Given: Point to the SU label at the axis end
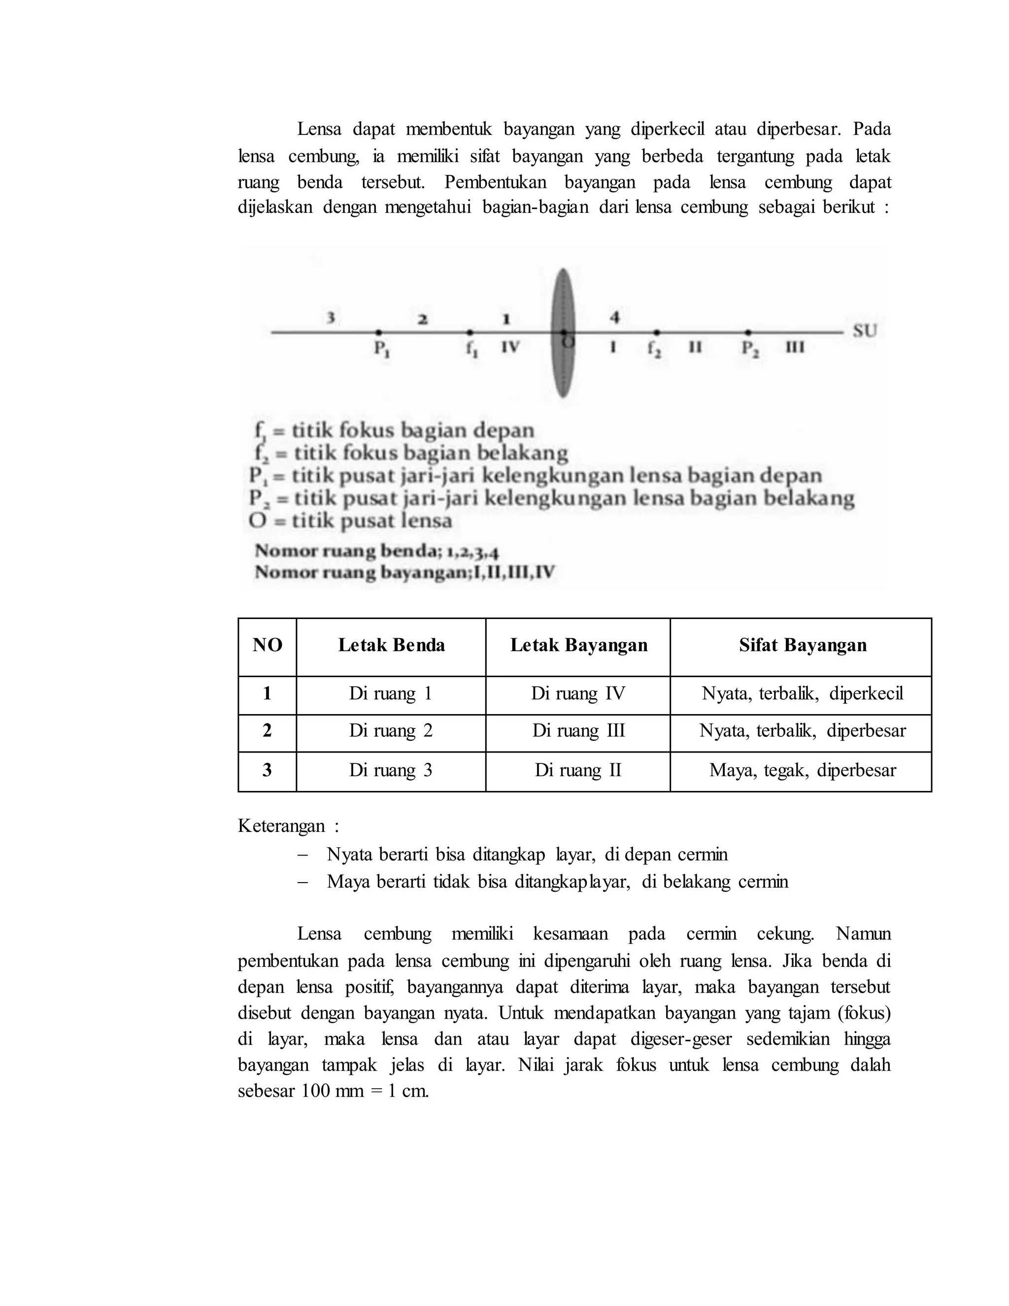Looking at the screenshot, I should coord(864,331).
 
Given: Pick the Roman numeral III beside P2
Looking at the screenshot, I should coord(794,347).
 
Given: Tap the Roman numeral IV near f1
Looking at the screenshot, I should coord(510,347).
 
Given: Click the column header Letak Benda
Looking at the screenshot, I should coord(392,645).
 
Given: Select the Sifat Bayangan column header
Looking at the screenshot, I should coord(802,645).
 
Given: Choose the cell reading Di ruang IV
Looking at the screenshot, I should coord(577,694).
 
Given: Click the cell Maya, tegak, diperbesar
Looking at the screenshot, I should coord(802,770).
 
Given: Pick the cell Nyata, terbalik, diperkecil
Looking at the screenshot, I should coord(802,694).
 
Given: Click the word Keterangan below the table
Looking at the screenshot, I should coord(281,826).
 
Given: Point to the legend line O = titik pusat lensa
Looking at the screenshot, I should coord(351,521).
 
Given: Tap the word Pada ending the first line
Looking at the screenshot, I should coord(872,129).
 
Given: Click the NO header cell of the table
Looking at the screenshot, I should coord(267,645).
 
